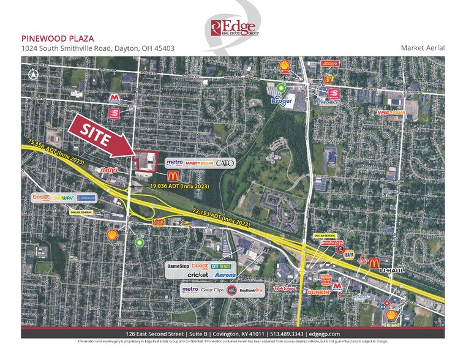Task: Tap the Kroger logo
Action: click(285, 99)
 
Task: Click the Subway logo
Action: click(63, 198)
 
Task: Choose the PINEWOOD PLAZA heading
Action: click(51, 37)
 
